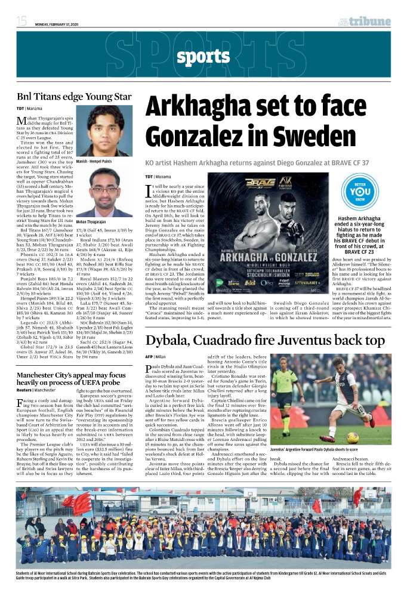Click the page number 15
coord(21,21)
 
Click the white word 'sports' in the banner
coord(203,57)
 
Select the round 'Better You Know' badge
coord(360,195)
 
